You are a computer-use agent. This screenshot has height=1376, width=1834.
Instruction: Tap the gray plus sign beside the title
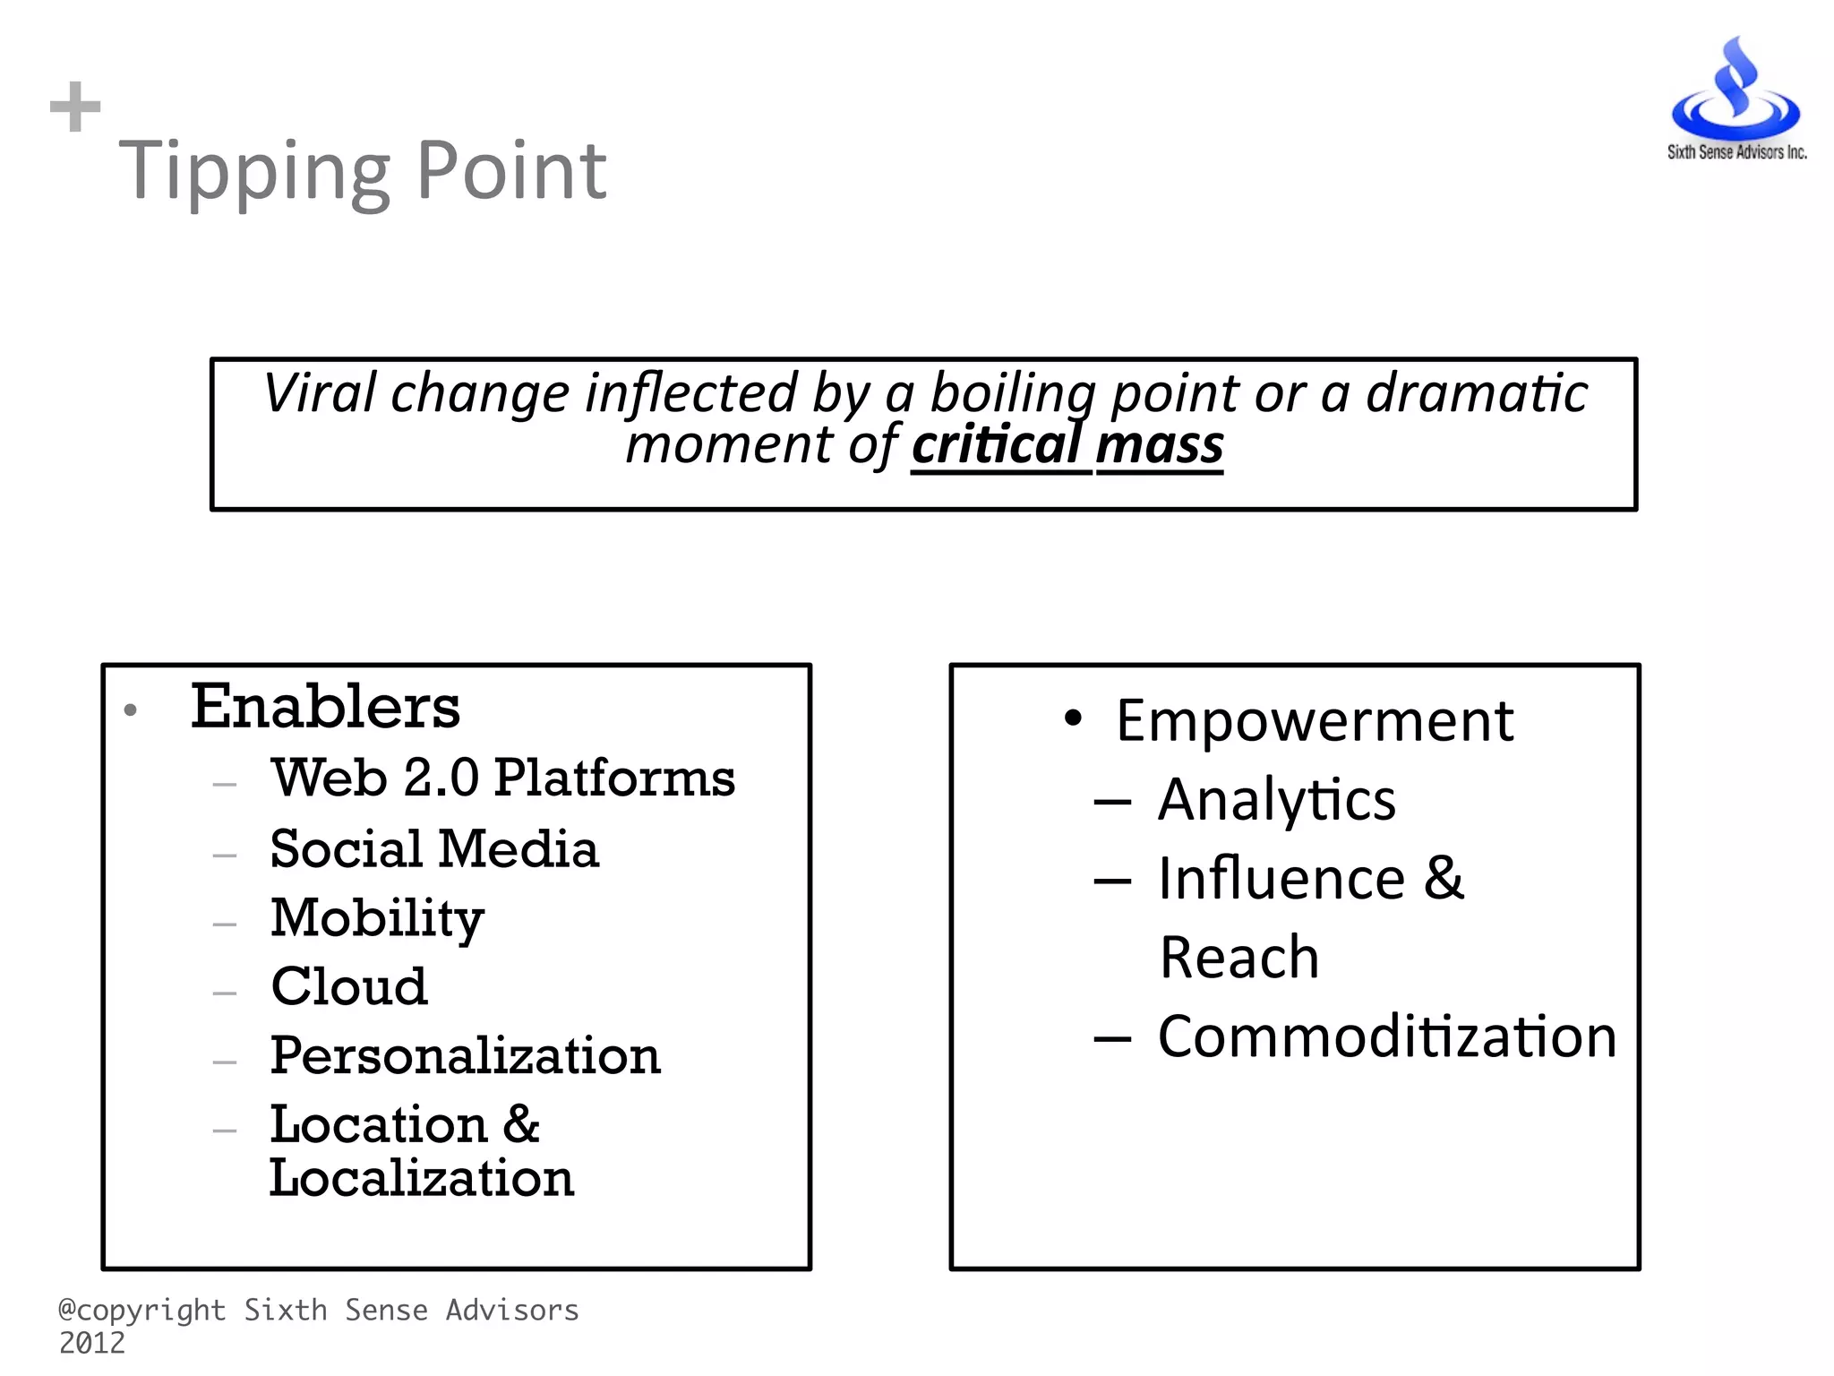[75, 107]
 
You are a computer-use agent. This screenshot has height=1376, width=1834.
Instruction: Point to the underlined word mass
[1160, 445]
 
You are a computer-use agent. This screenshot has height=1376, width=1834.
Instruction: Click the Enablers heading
[325, 707]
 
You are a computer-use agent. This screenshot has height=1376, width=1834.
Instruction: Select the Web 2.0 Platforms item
[503, 778]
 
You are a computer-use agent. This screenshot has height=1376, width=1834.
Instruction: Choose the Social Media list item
[434, 848]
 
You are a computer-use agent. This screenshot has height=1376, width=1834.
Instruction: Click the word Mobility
[377, 918]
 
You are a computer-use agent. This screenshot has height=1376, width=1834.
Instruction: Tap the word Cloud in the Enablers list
[349, 986]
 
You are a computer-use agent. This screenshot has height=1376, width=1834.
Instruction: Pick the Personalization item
[465, 1055]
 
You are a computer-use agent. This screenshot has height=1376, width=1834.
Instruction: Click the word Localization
[421, 1178]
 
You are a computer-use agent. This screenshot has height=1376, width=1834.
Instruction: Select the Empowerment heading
[1314, 720]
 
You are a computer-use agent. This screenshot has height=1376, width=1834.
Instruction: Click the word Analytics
[1276, 799]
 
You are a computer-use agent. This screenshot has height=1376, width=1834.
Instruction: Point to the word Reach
[1238, 957]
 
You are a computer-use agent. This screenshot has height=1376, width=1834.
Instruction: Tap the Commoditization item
[1386, 1036]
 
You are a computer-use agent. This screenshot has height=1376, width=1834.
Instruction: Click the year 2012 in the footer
[92, 1343]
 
